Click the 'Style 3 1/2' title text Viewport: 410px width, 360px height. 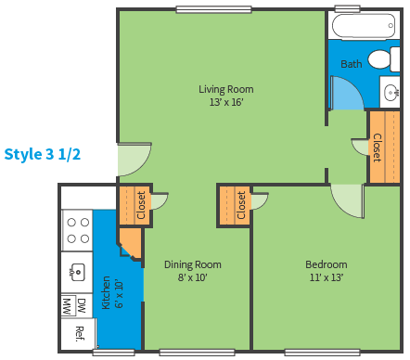[43, 154]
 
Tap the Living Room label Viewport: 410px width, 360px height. [226, 89]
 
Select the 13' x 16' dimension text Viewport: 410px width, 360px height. [226, 102]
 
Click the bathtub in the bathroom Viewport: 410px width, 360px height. [364, 26]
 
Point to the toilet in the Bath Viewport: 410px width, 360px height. [384, 59]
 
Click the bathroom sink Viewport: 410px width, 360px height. [391, 92]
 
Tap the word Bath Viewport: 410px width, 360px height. [352, 64]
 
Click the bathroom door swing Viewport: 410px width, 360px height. [347, 94]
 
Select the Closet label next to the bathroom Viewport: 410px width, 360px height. [377, 148]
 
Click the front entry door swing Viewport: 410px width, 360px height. [135, 160]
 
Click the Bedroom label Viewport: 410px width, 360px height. [327, 264]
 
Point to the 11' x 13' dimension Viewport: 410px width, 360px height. [327, 277]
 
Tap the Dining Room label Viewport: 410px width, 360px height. [193, 264]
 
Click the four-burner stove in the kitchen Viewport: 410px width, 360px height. [78, 230]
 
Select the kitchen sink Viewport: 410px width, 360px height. [77, 272]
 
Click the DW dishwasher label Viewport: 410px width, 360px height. [82, 306]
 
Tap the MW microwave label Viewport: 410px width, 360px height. [67, 306]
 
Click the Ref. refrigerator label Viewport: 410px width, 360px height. [80, 334]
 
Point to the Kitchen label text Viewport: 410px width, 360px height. [106, 292]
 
